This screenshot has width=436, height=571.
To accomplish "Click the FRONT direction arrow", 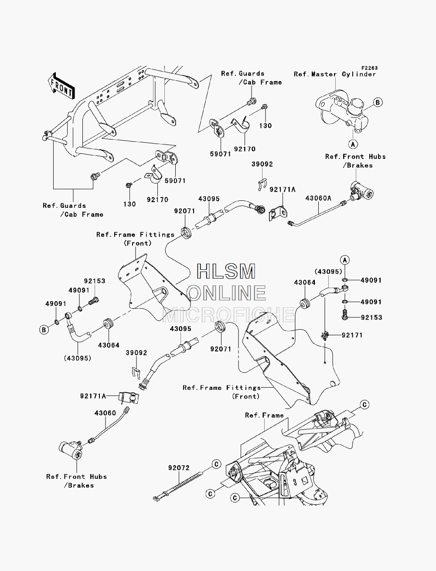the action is coord(61,86).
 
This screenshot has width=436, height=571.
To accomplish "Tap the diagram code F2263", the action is coord(369,68).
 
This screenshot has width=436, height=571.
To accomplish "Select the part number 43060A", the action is coord(318,198).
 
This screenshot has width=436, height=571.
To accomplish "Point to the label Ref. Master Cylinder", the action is coord(335,74).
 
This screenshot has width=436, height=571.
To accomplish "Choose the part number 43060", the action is coord(105,413).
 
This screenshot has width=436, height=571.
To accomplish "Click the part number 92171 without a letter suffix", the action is coord(352,335).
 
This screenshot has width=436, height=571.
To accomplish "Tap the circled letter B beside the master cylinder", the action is coord(378,102).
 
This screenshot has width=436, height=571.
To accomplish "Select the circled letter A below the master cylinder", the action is coord(353,144).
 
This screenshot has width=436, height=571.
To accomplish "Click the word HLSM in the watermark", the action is coord(226,272).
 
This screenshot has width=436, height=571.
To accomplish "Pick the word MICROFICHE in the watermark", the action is coord(228,315).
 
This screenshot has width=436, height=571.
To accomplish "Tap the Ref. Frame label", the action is coord(264,415).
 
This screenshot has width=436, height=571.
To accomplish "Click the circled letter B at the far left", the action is coord(44,330).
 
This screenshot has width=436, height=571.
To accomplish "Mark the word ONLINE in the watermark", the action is coord(228,293).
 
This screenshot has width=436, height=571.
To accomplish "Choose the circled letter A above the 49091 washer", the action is coord(345,260).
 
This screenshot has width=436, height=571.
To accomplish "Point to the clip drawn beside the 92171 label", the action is coord(325,336).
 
